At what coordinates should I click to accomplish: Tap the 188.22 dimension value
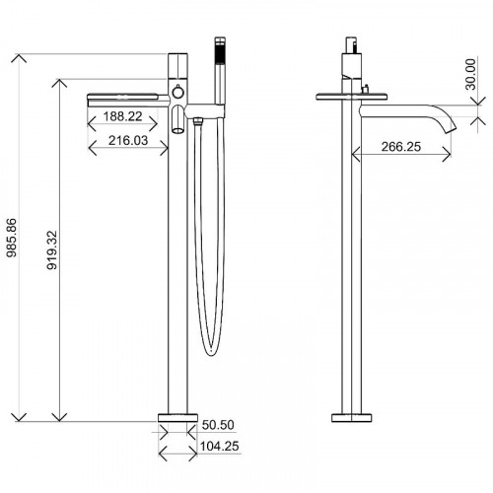pyautogui.click(x=126, y=115)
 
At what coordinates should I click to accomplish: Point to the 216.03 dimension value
pyautogui.click(x=126, y=142)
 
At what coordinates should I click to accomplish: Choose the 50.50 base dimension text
pyautogui.click(x=218, y=425)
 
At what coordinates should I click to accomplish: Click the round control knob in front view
pyautogui.click(x=178, y=93)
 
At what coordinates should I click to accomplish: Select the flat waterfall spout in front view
pyautogui.click(x=128, y=97)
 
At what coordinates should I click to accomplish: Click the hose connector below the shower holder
pyautogui.click(x=198, y=121)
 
